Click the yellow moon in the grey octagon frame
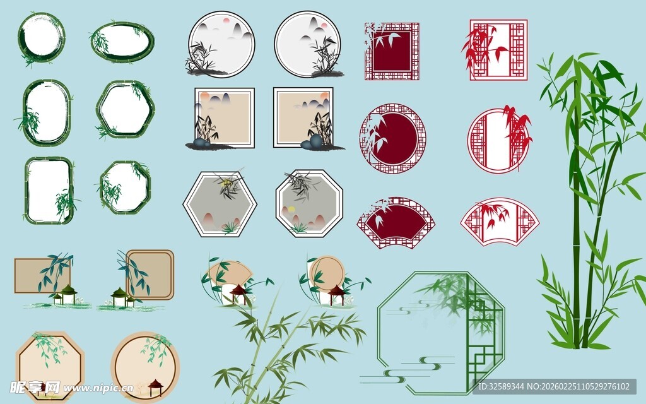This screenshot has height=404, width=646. [x=291, y=209]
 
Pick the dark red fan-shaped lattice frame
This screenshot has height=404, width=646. [x=396, y=222]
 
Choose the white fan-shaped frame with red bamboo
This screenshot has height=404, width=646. [x=499, y=222]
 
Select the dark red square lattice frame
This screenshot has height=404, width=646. [x=392, y=51]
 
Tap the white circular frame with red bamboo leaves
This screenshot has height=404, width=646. [x=498, y=140]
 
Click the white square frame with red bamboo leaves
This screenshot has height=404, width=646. [x=498, y=50]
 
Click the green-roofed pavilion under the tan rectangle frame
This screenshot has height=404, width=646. [x=68, y=294]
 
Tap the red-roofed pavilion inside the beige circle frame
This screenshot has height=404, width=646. [x=155, y=386]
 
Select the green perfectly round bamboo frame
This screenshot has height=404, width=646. [x=42, y=38]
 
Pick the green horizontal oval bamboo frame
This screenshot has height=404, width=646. [x=122, y=42]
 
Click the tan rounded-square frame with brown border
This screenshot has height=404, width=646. [x=150, y=274]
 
